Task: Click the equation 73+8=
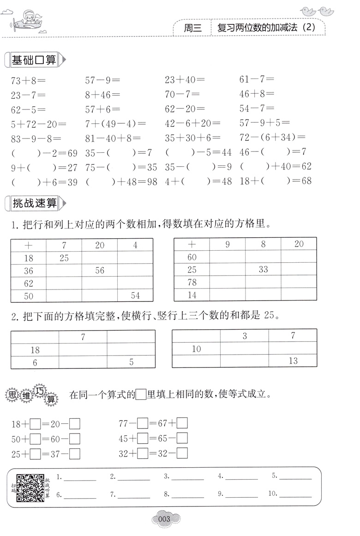pyautogui.click(x=28, y=80)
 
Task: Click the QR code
pyautogui.click(x=30, y=488)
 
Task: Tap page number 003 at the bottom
pyautogui.click(x=164, y=519)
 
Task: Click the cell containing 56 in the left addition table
pyautogui.click(x=100, y=271)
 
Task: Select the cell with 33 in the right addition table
pyautogui.click(x=263, y=269)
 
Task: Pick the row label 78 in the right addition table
pyautogui.click(x=192, y=282)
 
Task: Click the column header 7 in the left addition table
pyautogui.click(x=64, y=246)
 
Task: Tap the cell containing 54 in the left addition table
pyautogui.click(x=135, y=295)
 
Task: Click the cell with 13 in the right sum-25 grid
pyautogui.click(x=293, y=361)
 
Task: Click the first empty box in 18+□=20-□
pyautogui.click(x=36, y=423)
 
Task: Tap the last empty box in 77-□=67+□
pyautogui.click(x=182, y=423)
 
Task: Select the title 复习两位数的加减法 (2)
pyautogui.click(x=266, y=27)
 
